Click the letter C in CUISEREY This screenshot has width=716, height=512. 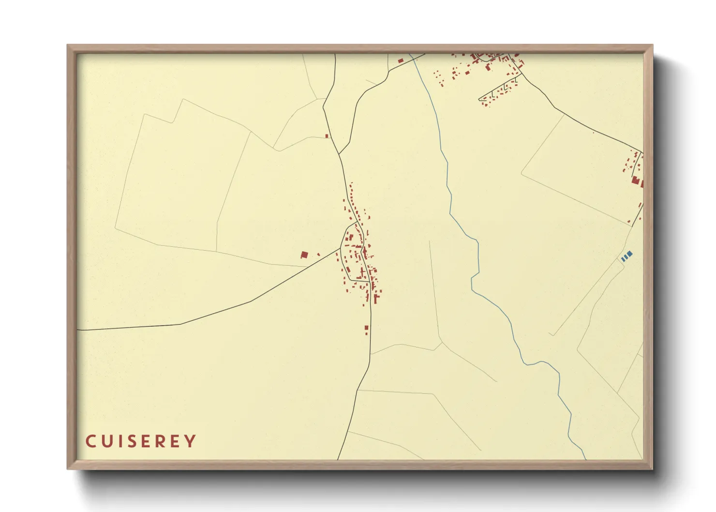(90, 441)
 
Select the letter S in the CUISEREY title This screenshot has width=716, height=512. (132, 441)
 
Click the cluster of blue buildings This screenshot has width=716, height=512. (627, 256)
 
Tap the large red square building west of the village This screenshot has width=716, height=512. (304, 255)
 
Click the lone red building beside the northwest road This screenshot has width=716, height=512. (327, 136)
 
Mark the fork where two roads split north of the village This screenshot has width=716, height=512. (339, 154)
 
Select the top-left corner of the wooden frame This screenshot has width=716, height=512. (68, 46)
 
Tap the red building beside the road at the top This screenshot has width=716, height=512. (401, 61)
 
